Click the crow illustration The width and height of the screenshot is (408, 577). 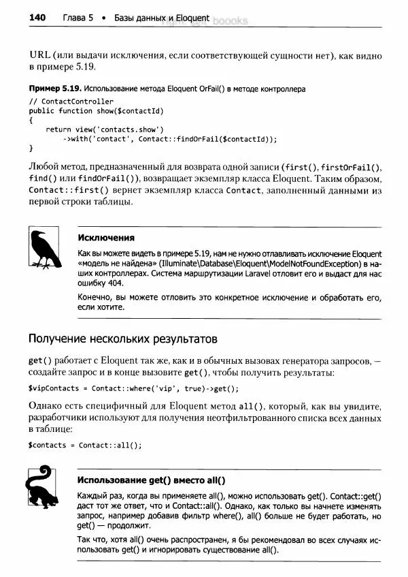46,250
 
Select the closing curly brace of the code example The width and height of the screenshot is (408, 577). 31,147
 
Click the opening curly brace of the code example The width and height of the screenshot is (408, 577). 31,119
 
